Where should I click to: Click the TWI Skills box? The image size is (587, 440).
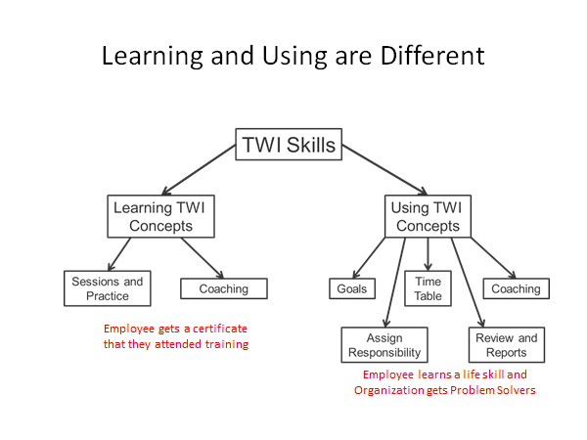coord(289,145)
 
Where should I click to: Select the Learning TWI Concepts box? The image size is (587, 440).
coord(161,216)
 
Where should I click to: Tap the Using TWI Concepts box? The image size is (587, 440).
coord(428,216)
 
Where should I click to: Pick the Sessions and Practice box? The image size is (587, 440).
coord(108,288)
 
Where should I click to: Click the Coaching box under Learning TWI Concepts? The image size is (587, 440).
coord(224,288)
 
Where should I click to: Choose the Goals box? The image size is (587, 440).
coord(352,288)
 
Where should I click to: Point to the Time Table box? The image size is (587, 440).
coord(428,288)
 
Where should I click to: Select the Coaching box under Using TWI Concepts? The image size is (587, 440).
coord(517,288)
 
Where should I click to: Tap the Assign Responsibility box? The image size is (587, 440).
coord(384,345)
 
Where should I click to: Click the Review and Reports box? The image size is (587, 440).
coord(507,345)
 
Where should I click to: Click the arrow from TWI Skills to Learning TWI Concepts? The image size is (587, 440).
coord(199,170)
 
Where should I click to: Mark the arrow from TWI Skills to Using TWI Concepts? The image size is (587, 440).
coord(384,170)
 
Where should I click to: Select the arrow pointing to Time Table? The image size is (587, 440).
coord(428,254)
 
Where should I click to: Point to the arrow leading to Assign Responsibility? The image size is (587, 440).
coord(395,283)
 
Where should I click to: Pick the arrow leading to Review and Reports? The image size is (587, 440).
coord(468,283)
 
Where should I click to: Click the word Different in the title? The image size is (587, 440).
coord(432,56)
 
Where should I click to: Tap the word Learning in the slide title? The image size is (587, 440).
coord(153,57)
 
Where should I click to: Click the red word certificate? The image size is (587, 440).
coord(220,329)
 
